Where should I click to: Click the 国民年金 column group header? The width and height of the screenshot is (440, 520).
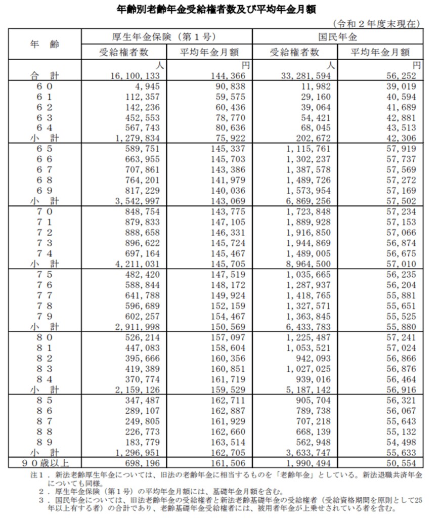pos(337,36)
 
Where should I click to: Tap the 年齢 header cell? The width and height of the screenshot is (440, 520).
pos(45,44)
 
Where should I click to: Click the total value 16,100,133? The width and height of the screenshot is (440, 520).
pos(133,75)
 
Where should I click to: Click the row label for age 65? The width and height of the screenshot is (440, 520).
pos(45,149)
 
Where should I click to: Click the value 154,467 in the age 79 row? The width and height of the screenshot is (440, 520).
pos(227,316)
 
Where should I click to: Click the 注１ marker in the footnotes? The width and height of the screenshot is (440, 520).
pos(37,476)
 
